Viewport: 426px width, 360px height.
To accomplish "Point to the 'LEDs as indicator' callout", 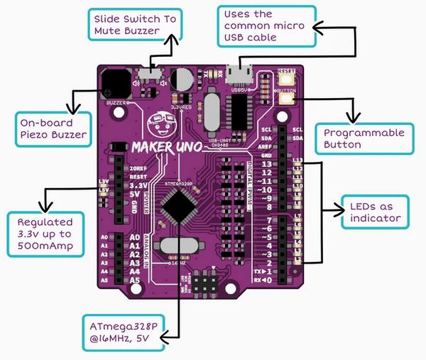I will [375, 211].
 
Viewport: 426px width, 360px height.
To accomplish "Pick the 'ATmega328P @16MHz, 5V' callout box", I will [124, 332].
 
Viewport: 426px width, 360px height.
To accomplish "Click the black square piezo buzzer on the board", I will [115, 83].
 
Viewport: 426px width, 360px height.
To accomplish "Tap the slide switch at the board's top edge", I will [151, 72].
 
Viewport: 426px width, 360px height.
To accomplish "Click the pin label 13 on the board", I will [264, 165].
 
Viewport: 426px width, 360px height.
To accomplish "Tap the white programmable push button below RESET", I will [288, 99].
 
